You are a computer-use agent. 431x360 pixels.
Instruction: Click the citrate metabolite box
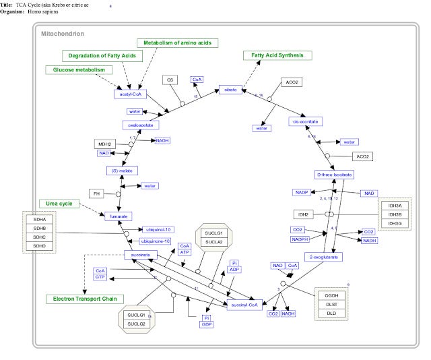point(229,90)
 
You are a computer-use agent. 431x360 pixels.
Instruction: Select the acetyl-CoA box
point(131,94)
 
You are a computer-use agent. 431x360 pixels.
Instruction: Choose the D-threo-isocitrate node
point(333,175)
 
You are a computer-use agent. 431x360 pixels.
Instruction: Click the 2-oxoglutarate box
point(323,257)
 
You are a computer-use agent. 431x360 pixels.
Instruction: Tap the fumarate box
point(116,216)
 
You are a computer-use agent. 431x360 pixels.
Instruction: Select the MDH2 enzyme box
point(104,144)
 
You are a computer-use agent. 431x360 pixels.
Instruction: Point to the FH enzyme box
point(98,194)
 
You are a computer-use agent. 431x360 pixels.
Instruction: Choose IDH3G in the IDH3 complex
point(394,223)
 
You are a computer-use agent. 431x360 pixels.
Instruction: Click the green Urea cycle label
point(59,203)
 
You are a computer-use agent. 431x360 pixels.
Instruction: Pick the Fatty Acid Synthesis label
point(277,55)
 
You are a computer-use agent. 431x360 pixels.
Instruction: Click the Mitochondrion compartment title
point(63,33)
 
